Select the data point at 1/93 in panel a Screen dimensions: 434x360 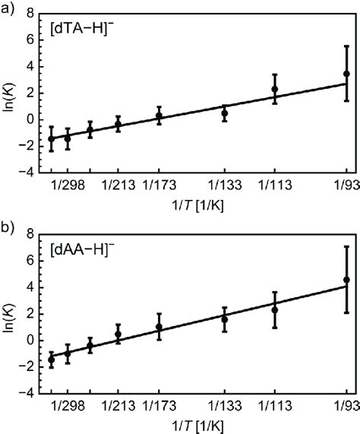pyautogui.click(x=347, y=74)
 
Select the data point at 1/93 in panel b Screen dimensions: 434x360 pyautogui.click(x=347, y=280)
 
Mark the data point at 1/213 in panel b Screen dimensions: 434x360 pyautogui.click(x=118, y=334)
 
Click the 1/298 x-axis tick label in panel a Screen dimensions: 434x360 pyautogui.click(x=67, y=185)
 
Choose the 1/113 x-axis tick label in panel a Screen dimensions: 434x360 pyautogui.click(x=275, y=185)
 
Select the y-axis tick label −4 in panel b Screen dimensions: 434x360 pyautogui.click(x=27, y=394)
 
